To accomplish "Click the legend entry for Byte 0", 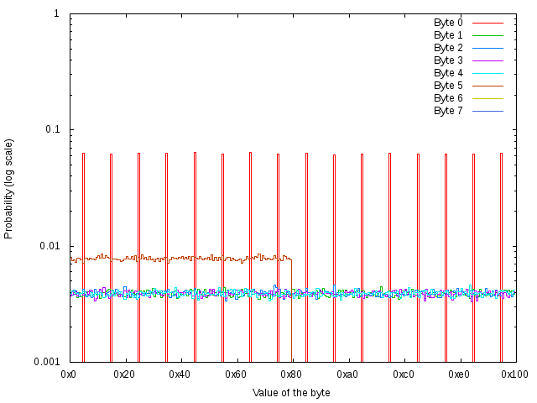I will pos(448,23).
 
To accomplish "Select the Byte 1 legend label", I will pos(448,35).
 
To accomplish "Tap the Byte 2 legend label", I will pos(448,48).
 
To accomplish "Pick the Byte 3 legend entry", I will pos(448,60).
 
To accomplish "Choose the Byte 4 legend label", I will pos(448,73).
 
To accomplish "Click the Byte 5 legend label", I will pos(448,86).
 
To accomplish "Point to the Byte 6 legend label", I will pos(448,98).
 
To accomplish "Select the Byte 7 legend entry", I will pos(448,111).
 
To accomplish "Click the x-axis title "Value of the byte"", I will pos(291,393).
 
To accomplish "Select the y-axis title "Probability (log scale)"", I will pos(9,188).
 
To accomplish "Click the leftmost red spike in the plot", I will pos(83,252).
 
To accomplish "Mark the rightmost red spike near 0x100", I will pos(501,252).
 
